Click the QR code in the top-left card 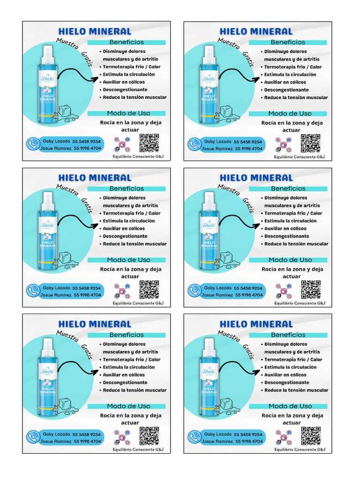(x=149, y=143)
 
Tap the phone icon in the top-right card (x=194, y=144)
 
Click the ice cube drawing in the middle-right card (x=226, y=259)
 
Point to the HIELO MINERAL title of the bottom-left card (x=94, y=324)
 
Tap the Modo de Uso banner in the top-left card (x=128, y=113)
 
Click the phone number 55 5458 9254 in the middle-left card (x=87, y=288)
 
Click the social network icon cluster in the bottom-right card (x=284, y=436)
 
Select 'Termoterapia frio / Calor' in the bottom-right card (x=293, y=360)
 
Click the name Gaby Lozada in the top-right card (x=218, y=141)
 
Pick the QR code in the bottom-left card (x=149, y=435)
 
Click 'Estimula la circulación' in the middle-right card (x=290, y=221)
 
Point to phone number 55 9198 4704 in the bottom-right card (x=248, y=442)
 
